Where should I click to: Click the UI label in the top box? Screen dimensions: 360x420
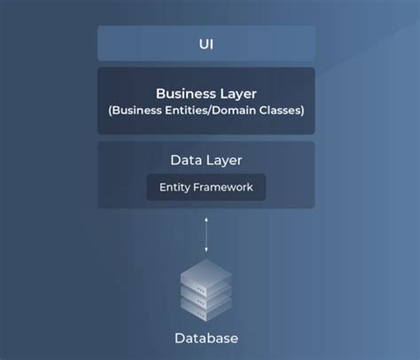tap(206, 43)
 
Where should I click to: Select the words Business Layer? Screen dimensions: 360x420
tap(206, 92)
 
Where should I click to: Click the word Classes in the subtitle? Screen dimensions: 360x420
tap(280, 110)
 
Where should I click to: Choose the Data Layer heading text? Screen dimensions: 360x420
tap(206, 160)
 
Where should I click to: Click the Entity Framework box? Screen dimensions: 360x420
tap(206, 187)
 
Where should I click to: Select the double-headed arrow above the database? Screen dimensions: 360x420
tap(206, 233)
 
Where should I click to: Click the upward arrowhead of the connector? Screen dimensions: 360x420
tap(206, 217)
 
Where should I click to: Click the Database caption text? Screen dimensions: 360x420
tap(206, 338)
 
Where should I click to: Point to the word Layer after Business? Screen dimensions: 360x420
tap(236, 92)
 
